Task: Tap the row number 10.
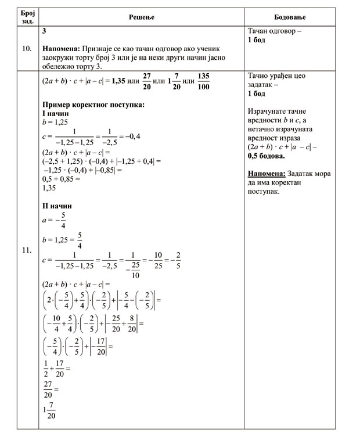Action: point(27,49)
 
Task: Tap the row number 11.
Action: point(27,251)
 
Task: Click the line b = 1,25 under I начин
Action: point(56,123)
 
